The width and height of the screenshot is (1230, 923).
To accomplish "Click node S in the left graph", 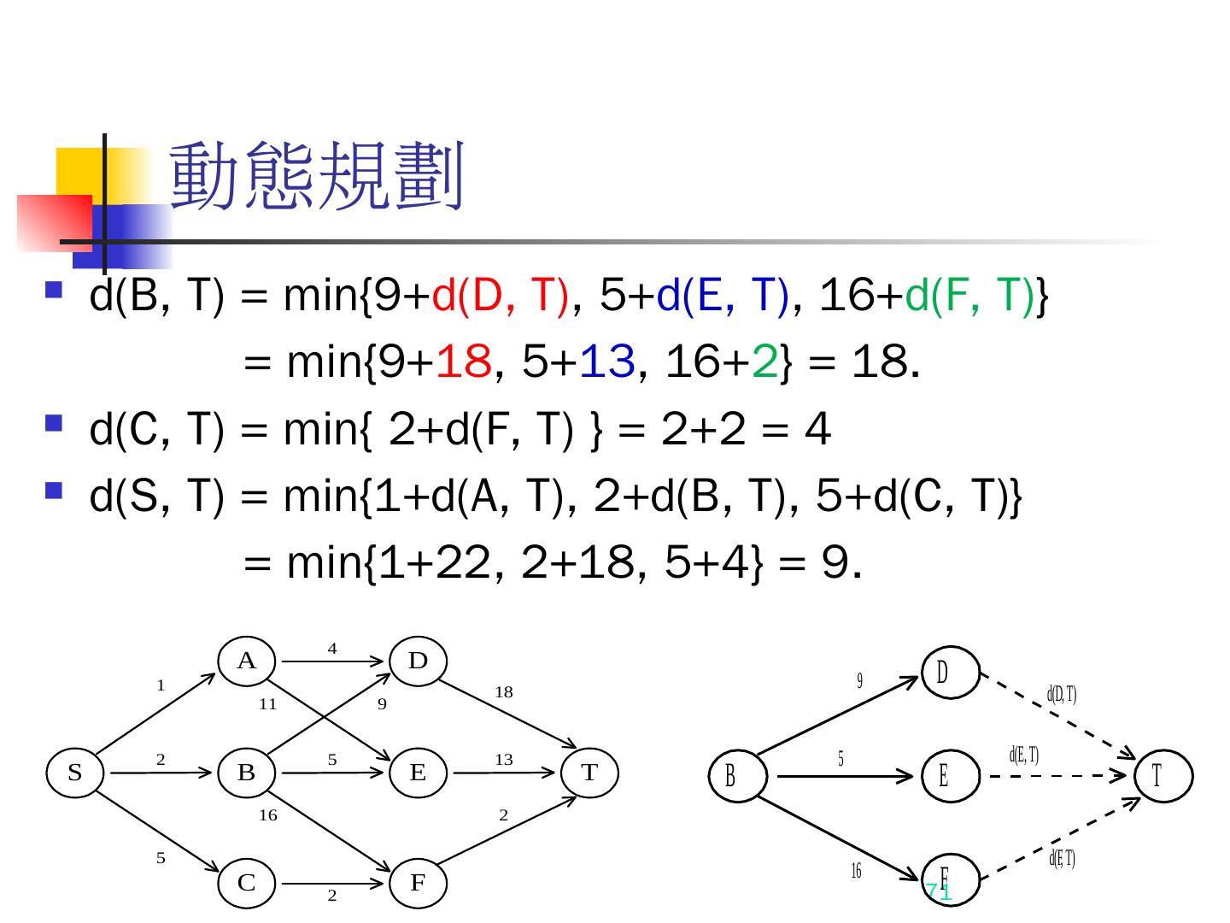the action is tap(75, 773).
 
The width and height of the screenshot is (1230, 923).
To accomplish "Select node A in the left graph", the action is tap(247, 661).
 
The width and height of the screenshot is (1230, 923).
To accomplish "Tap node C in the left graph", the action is tap(247, 883).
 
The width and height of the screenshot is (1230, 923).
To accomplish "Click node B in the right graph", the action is tap(730, 776).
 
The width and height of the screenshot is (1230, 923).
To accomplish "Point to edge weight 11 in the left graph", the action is tap(268, 705).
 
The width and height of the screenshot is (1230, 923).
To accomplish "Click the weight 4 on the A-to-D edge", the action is tap(332, 649).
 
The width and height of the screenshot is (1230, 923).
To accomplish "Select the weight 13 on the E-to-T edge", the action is tap(504, 759).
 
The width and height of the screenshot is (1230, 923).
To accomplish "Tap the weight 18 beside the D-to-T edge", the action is tap(504, 692).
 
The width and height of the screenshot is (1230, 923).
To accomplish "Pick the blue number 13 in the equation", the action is tap(607, 363).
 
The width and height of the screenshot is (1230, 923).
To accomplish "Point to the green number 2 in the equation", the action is tap(764, 363).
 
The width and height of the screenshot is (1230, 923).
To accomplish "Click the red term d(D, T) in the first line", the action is tap(501, 297).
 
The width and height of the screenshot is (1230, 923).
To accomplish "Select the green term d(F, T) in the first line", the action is tap(969, 297).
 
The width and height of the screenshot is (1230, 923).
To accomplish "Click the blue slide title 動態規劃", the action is tap(316, 177).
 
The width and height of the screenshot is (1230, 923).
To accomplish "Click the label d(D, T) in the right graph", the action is tap(1062, 694).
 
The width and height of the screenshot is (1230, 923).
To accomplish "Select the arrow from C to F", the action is tap(332, 882).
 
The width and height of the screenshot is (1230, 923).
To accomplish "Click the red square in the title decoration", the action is tap(53, 222).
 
